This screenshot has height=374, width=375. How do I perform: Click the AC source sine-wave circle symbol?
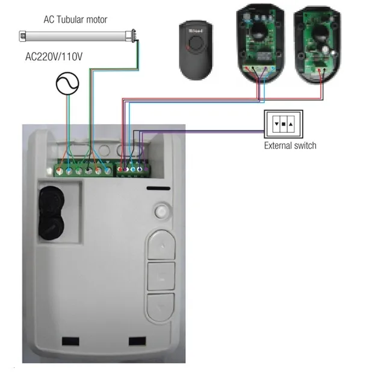67,83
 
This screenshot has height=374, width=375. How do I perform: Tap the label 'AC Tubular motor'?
75,19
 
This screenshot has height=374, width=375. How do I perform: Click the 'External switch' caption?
290,146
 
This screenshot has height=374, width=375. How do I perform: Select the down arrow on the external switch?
276,124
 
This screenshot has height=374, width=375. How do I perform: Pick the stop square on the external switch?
284,124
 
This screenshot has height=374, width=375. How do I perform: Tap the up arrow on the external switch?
291,124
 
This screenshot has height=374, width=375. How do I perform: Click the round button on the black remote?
195,43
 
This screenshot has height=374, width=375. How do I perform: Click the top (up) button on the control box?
160,245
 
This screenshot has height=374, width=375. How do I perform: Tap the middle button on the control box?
160,276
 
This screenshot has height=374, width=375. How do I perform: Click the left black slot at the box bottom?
70,341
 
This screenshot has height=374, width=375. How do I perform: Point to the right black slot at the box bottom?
137,341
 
